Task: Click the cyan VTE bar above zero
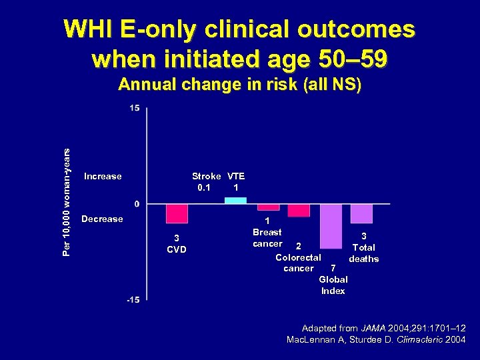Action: click(x=235, y=200)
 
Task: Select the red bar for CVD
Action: click(x=177, y=213)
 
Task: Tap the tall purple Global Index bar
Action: click(x=331, y=226)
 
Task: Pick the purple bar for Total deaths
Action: click(x=361, y=213)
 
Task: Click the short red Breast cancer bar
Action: click(x=268, y=207)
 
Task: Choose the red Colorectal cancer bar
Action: click(x=299, y=210)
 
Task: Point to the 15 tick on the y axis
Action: click(x=135, y=108)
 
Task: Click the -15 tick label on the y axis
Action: click(x=133, y=301)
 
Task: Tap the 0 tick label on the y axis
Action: click(x=137, y=203)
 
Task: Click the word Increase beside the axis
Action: click(x=103, y=177)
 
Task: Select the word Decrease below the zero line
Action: click(x=102, y=219)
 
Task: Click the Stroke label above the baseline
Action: click(x=206, y=177)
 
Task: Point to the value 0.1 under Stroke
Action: click(x=204, y=188)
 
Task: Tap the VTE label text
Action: click(x=236, y=177)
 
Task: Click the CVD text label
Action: click(x=176, y=250)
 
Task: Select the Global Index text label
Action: click(x=333, y=285)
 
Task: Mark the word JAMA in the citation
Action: click(x=372, y=329)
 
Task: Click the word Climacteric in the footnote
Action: click(x=418, y=340)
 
